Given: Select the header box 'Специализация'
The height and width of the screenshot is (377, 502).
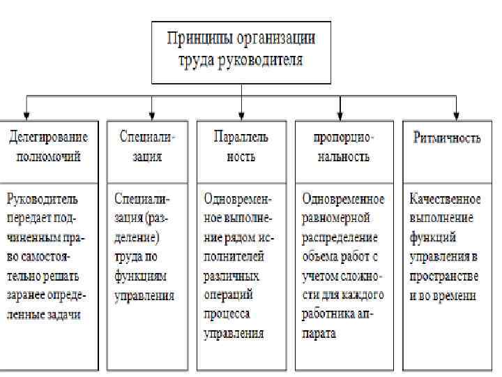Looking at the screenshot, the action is [x=146, y=146].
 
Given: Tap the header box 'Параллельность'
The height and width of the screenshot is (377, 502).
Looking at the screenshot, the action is [x=241, y=146].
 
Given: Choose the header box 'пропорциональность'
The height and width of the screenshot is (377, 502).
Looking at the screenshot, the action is [x=344, y=146].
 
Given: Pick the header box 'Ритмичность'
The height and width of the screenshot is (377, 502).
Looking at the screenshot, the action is [x=447, y=138].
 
